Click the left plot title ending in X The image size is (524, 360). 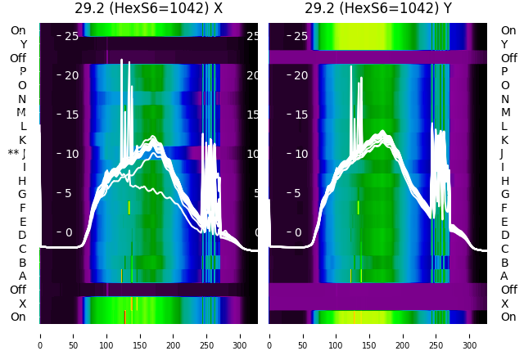click(x=149, y=9)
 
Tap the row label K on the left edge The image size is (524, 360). click(x=23, y=140)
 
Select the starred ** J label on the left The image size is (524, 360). click(x=17, y=154)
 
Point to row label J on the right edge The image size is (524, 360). click(x=502, y=154)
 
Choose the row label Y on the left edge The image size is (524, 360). click(x=23, y=44)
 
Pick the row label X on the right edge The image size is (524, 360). click(x=504, y=304)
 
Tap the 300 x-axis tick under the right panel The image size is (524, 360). click(x=470, y=335)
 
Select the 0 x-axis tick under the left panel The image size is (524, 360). click(x=39, y=335)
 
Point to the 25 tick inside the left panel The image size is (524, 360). click(x=71, y=36)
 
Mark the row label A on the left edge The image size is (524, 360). click(x=23, y=276)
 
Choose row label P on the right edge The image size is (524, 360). click(x=504, y=72)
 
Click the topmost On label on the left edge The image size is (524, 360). click(x=18, y=30)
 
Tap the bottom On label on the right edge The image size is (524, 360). click(x=508, y=317)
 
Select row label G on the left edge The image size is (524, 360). click(x=22, y=194)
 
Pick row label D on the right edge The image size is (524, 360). click(x=504, y=235)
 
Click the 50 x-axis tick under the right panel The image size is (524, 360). click(x=302, y=335)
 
